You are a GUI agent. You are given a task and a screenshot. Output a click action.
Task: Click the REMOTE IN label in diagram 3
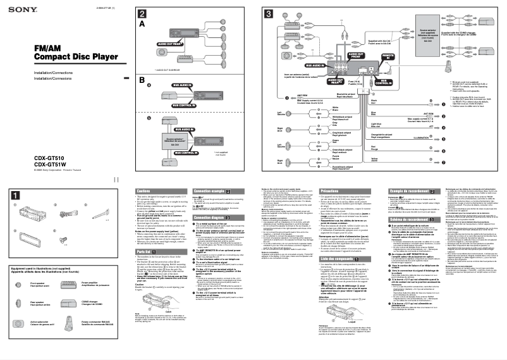387,58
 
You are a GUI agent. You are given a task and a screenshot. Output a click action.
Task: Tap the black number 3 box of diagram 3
268,14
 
